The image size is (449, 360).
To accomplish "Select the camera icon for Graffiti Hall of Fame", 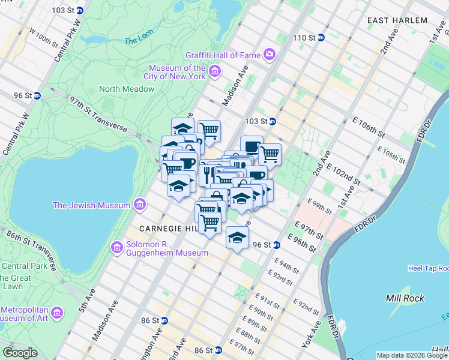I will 269,55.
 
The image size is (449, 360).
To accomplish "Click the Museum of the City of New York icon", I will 214,73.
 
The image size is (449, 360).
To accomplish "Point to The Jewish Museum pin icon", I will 139,205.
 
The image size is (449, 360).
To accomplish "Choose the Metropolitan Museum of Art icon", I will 57,313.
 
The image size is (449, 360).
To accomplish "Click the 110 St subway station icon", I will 321,38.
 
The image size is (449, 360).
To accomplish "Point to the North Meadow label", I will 127,89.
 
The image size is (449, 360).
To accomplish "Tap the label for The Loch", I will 139,41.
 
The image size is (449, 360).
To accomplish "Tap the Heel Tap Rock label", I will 428,268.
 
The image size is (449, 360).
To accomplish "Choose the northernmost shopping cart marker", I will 209,130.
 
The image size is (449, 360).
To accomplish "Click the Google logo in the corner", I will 20,353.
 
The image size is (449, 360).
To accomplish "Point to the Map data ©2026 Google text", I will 412,355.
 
